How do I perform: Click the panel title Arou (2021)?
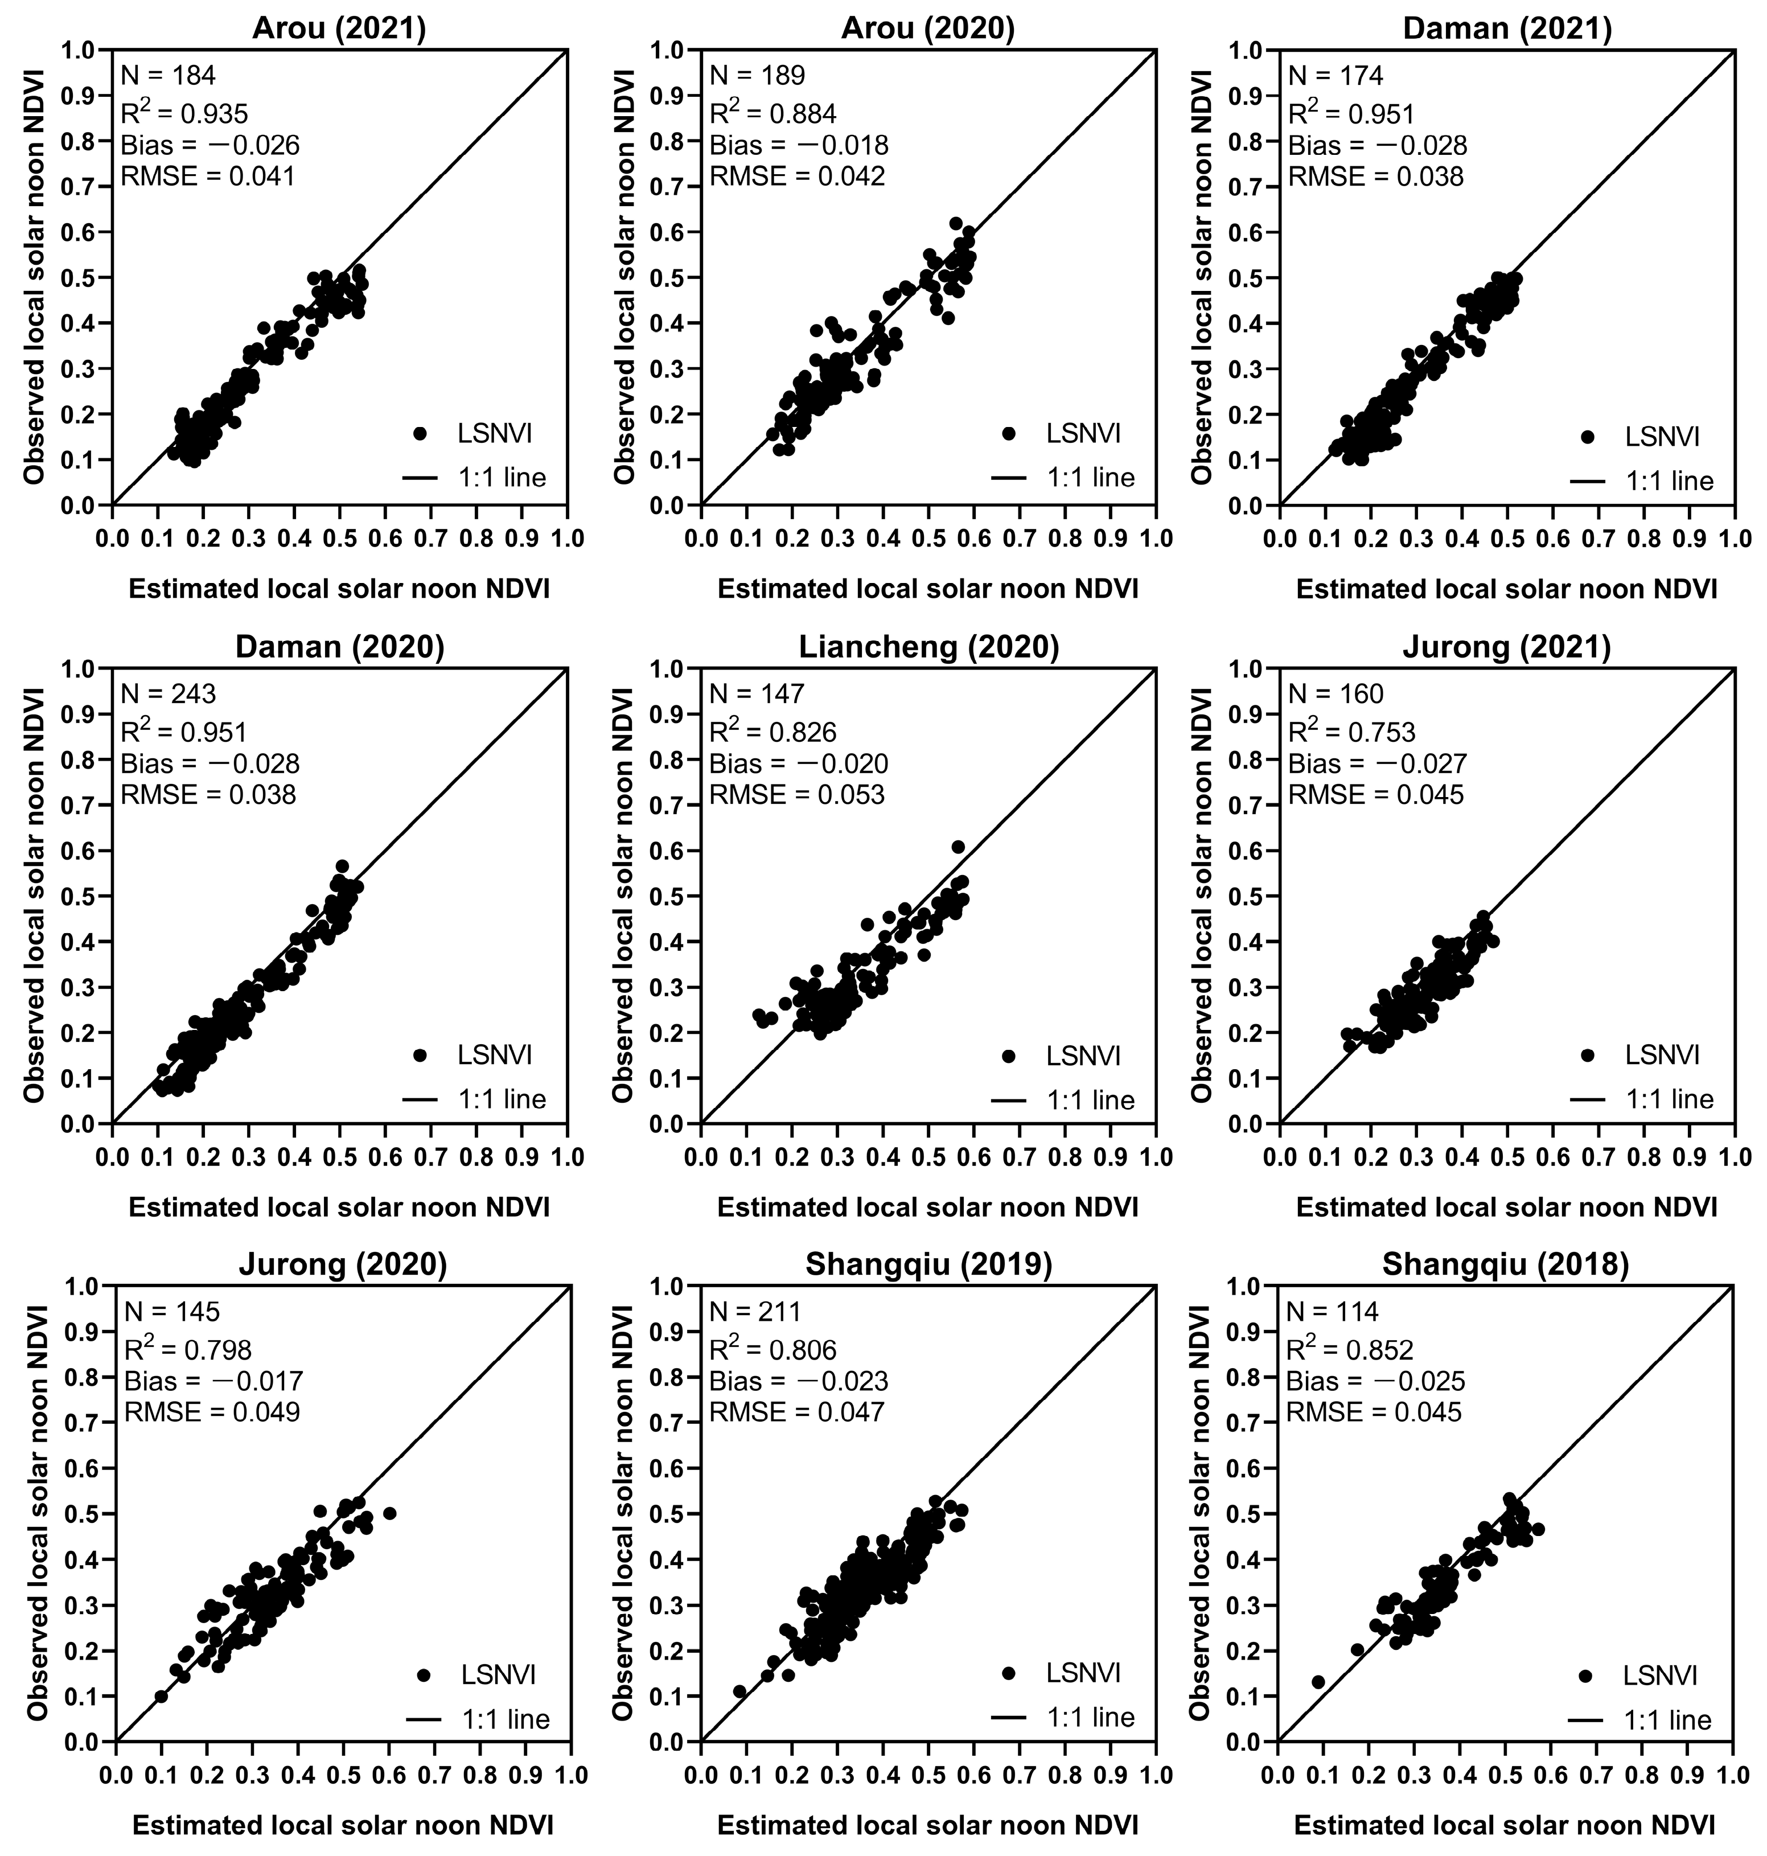pyautogui.click(x=339, y=28)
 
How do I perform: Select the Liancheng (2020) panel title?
pyautogui.click(x=928, y=647)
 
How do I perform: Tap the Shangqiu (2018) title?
pyautogui.click(x=1505, y=1265)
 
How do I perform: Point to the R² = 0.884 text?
pyautogui.click(x=772, y=114)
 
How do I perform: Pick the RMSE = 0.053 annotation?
pyautogui.click(x=797, y=794)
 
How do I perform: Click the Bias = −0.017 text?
pyautogui.click(x=215, y=1381)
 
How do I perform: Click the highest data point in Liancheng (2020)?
pyautogui.click(x=958, y=846)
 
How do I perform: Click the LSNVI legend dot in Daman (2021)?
pyautogui.click(x=1587, y=437)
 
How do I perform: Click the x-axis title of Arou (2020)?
pyautogui.click(x=928, y=589)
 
